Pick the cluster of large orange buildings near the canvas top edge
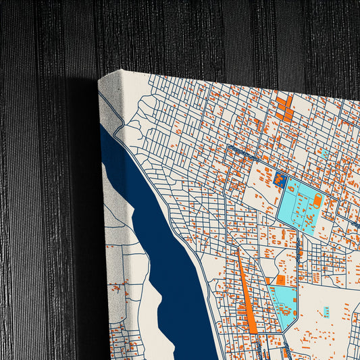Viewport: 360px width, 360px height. coord(284,108)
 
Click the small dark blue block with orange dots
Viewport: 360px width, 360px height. coord(280,179)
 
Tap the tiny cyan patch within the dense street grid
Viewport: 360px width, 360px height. coord(325,154)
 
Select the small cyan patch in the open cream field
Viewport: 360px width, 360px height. coord(326,311)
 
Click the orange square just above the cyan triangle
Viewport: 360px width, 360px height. coord(280,280)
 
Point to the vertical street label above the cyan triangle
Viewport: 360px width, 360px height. coord(297,254)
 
